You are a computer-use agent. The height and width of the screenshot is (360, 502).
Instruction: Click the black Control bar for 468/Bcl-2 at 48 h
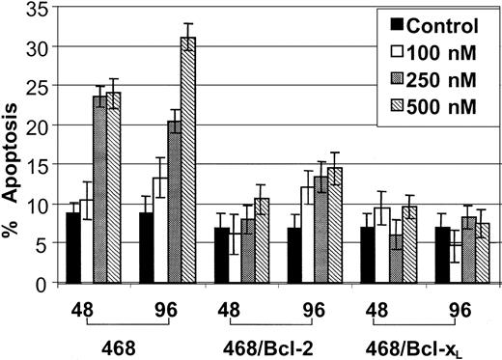click(221, 256)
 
